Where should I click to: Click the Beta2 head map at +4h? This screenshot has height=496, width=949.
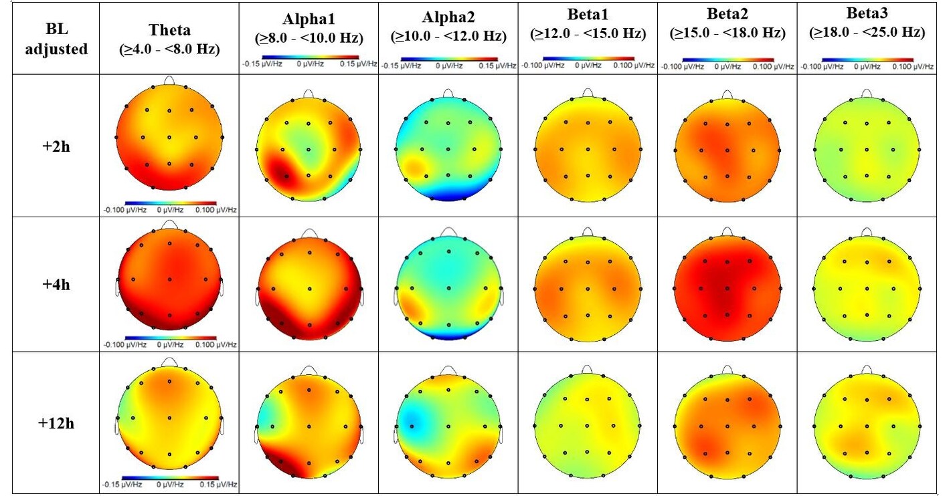(x=727, y=288)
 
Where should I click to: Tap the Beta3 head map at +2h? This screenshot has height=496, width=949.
(x=867, y=148)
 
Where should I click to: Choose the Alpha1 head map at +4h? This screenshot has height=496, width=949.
(x=310, y=288)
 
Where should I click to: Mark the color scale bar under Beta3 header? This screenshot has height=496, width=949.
(x=867, y=59)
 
